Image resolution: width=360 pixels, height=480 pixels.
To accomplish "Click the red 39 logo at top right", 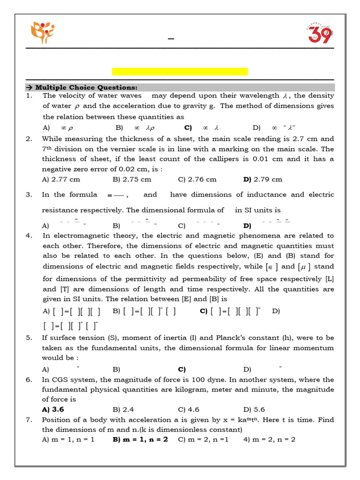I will click(319, 33).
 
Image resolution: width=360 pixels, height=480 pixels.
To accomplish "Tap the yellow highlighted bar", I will click(180, 71).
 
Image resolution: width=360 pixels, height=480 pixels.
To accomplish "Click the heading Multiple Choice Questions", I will click(82, 88).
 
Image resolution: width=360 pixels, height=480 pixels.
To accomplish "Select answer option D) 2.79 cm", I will click(263, 179).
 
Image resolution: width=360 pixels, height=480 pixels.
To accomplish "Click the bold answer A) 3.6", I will click(53, 409).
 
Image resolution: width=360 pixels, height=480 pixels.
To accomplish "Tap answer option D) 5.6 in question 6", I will click(254, 409).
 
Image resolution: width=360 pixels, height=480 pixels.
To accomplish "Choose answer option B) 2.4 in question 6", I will click(123, 409).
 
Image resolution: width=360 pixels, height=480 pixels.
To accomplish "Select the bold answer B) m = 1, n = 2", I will click(140, 440).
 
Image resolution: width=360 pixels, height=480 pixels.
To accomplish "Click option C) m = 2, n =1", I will click(203, 440).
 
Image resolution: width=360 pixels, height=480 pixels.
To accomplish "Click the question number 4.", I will click(29, 236).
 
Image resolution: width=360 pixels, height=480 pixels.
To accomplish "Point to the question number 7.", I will click(29, 420).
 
